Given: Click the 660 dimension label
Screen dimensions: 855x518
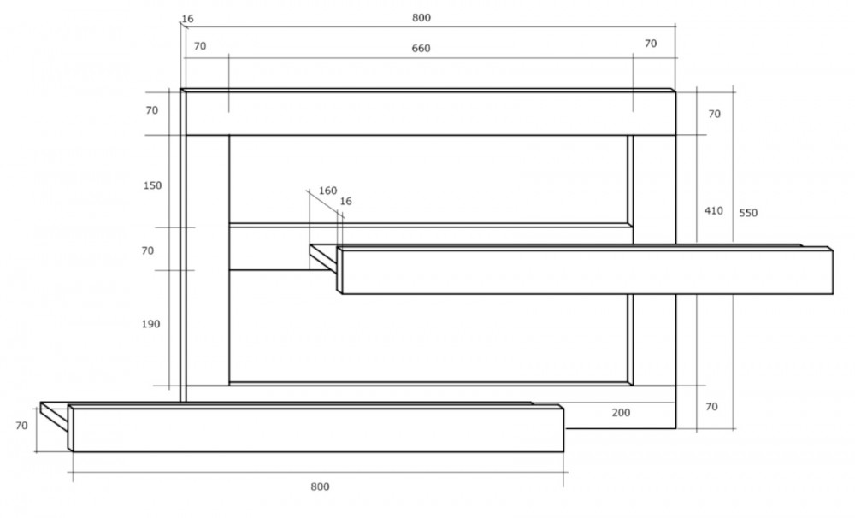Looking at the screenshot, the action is point(421,49).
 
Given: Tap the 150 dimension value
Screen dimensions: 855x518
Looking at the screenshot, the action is point(153,185).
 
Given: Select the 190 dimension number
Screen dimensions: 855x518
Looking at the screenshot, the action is point(151,324).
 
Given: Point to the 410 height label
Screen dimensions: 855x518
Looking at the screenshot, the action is point(714,210).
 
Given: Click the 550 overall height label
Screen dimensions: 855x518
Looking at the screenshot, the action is point(748,213).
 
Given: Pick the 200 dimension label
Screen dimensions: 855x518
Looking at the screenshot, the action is point(621,413).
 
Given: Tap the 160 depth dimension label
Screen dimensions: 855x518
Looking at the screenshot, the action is point(327,191).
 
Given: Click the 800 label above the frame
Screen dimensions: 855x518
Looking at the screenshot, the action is point(422,17).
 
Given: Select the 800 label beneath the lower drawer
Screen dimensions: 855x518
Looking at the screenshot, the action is point(320,486).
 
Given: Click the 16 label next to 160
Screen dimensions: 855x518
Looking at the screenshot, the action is point(345,201).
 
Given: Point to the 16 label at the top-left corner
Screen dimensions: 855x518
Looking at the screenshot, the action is point(187,19).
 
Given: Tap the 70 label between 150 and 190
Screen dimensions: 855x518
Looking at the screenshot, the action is point(148,250).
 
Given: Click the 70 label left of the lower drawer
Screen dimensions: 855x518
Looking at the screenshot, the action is point(21,426).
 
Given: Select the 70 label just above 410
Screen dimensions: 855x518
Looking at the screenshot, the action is point(714,114).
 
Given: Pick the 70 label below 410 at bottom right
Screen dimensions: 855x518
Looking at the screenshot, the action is point(711,407).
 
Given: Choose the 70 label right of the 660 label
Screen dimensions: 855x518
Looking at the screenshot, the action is point(651,44).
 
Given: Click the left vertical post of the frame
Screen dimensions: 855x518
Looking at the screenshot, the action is point(207,260).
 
